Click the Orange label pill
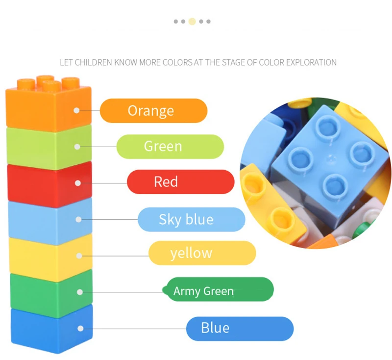coord(153,110)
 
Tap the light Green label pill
coord(170,146)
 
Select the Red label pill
coord(180,182)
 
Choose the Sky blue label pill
coord(191,219)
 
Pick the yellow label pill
coord(202,253)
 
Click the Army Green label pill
coord(219,290)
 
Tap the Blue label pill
coord(239,328)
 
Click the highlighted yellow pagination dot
coord(192,22)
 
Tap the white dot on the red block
coord(77,183)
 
